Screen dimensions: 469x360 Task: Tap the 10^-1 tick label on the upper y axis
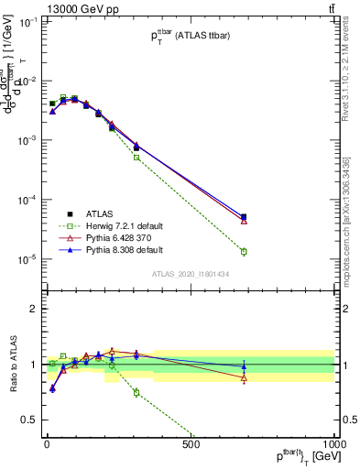click(27, 22)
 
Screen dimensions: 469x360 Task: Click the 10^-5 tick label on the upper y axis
click(27, 259)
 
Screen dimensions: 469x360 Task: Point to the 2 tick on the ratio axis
click(33, 309)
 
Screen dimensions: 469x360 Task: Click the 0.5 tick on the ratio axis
click(29, 420)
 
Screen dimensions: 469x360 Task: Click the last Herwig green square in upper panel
click(244, 251)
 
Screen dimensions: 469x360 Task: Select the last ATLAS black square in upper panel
click(244, 217)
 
